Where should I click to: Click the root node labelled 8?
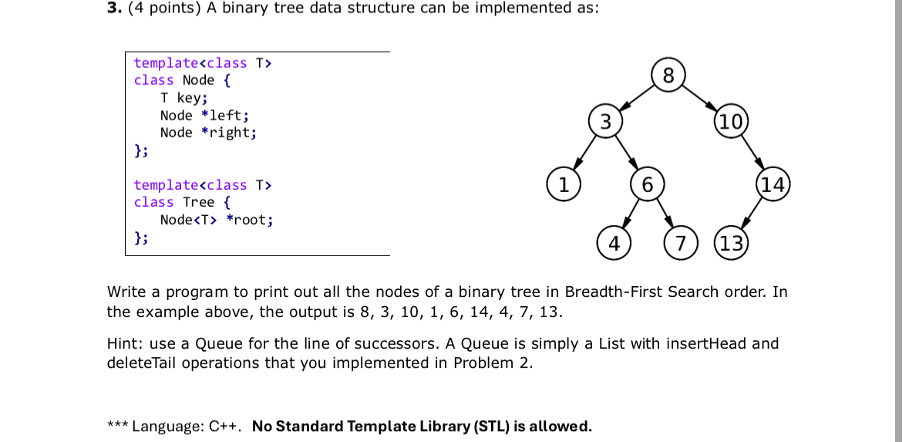pyautogui.click(x=668, y=76)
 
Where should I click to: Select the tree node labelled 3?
pyautogui.click(x=605, y=121)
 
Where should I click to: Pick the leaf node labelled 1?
pyautogui.click(x=564, y=184)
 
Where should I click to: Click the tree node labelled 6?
pyautogui.click(x=647, y=184)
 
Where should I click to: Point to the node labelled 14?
pyautogui.click(x=773, y=184)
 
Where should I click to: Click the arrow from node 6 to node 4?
pyautogui.click(x=630, y=214)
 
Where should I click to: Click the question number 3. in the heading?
pyautogui.click(x=113, y=8)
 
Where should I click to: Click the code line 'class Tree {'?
pyautogui.click(x=182, y=202)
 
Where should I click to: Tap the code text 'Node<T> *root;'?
pyautogui.click(x=216, y=220)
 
